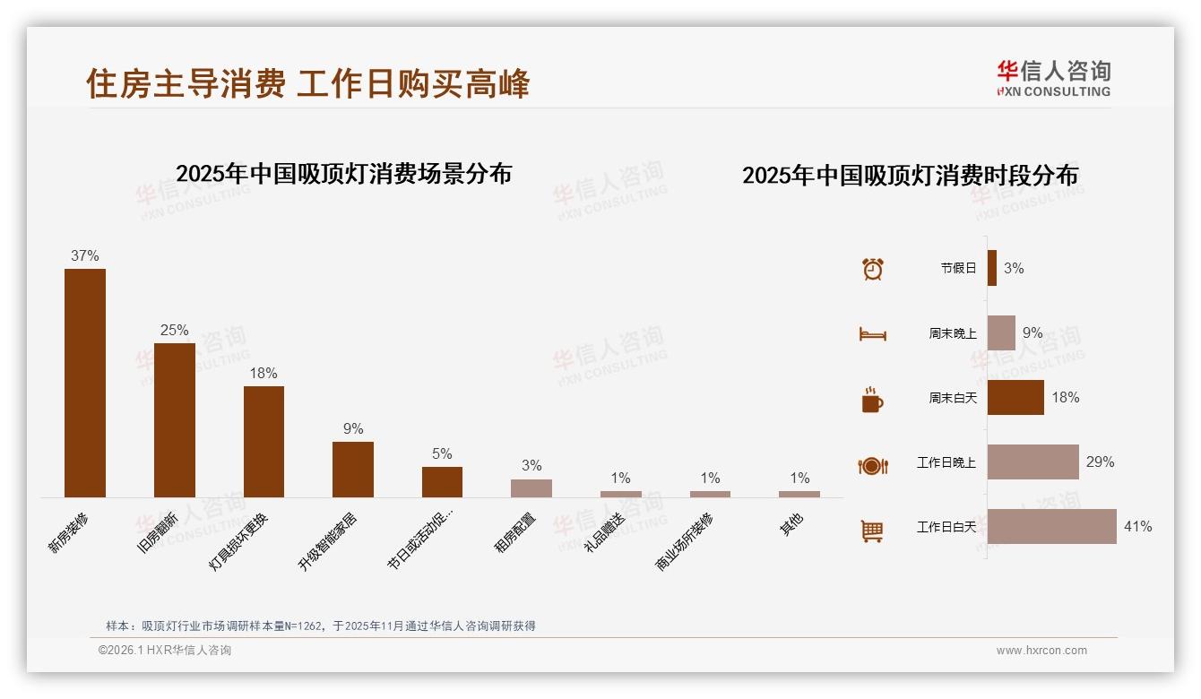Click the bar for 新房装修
(85, 383)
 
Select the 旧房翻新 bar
(174, 419)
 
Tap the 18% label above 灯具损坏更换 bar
(264, 373)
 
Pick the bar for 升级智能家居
(353, 469)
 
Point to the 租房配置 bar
(531, 488)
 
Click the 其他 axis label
(791, 524)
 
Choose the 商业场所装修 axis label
(686, 541)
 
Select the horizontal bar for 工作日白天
(1051, 527)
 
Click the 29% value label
(1100, 462)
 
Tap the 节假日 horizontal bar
(992, 268)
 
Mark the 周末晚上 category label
(953, 333)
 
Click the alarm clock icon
(872, 269)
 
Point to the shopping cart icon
(872, 531)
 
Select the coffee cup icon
(872, 400)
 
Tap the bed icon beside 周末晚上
(872, 334)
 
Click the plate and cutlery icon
(872, 466)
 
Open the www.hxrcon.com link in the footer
(1041, 651)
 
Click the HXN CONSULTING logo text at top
(1054, 91)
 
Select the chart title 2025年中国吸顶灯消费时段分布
(910, 176)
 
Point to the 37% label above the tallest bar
(85, 255)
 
